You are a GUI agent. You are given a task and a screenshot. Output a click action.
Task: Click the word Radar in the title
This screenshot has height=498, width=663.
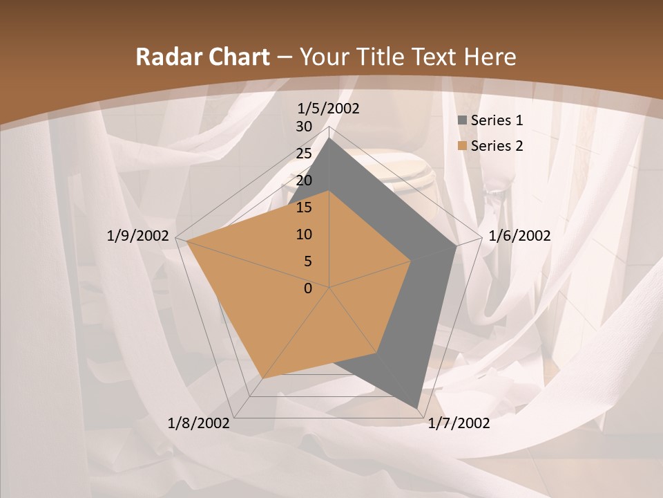tap(163, 57)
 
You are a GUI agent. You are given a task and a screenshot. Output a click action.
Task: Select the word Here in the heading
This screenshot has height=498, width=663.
tap(490, 57)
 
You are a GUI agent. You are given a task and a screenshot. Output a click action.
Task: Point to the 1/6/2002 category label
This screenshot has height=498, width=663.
tap(519, 236)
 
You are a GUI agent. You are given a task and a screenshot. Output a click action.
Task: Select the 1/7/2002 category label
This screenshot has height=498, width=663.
tap(459, 423)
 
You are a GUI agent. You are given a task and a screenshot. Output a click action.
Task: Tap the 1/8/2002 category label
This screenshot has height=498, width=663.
tap(199, 423)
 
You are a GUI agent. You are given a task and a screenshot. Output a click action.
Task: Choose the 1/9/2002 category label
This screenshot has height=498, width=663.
tap(138, 236)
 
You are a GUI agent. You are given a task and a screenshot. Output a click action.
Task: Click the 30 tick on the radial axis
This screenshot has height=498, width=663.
tap(304, 127)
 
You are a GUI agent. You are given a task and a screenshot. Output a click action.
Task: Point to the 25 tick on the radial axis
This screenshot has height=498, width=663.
tap(304, 154)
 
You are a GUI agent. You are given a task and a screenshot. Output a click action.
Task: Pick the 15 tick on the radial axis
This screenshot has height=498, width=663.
tap(304, 207)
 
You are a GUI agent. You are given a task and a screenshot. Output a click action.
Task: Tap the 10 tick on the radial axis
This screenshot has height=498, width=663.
tap(304, 234)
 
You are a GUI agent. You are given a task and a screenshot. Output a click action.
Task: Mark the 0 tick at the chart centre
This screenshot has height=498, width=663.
tap(308, 288)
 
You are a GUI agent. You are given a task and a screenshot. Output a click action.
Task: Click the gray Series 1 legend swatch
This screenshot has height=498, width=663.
tap(463, 120)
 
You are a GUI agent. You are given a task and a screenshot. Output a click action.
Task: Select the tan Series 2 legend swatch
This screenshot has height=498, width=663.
tap(463, 146)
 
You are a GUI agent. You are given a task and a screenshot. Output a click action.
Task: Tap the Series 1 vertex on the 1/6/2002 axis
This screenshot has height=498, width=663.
tap(457, 246)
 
